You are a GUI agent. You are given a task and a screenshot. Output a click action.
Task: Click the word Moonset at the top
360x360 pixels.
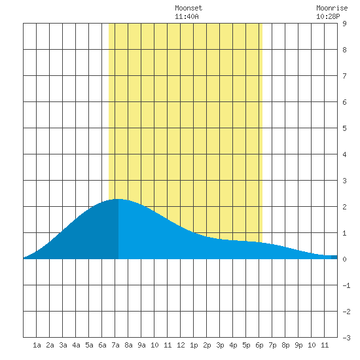tap(189, 8)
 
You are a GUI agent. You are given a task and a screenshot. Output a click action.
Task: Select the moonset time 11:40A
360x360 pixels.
tap(187, 16)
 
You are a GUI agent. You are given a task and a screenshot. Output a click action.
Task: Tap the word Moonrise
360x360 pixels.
tap(332, 8)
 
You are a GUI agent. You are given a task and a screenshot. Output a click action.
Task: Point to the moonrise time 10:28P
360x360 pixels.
tap(328, 16)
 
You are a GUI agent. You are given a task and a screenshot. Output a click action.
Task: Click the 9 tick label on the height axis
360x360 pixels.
tap(344, 24)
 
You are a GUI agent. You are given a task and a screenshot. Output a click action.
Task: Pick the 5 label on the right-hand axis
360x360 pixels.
tap(344, 128)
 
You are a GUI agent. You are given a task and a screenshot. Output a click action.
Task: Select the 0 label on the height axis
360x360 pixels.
tap(344, 259)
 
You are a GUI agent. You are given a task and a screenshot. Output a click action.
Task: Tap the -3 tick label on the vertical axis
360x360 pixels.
tap(346, 338)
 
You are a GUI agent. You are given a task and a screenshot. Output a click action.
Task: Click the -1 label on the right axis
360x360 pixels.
tap(346, 285)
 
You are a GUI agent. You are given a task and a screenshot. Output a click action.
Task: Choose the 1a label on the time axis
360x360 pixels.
tap(37, 345)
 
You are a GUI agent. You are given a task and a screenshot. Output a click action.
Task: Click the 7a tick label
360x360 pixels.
tap(115, 345)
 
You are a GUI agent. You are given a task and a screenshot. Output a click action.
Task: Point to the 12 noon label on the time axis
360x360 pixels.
tap(181, 345)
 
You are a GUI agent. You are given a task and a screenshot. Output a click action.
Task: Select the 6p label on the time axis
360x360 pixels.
tap(259, 345)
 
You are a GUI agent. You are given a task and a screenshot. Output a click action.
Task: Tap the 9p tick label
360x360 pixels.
tap(298, 345)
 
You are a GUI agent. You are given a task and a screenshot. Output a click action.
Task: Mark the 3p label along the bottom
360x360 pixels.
tap(220, 345)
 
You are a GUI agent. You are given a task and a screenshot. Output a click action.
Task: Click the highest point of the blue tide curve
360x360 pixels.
tap(118, 199)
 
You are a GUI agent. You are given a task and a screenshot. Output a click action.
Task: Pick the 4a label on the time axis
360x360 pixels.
tap(76, 345)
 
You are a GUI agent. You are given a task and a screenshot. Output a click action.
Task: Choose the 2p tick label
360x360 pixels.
tap(207, 345)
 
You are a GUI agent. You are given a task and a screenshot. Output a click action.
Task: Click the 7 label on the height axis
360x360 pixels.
tap(344, 76)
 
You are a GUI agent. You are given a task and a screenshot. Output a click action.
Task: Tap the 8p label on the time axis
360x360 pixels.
tap(285, 345)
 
